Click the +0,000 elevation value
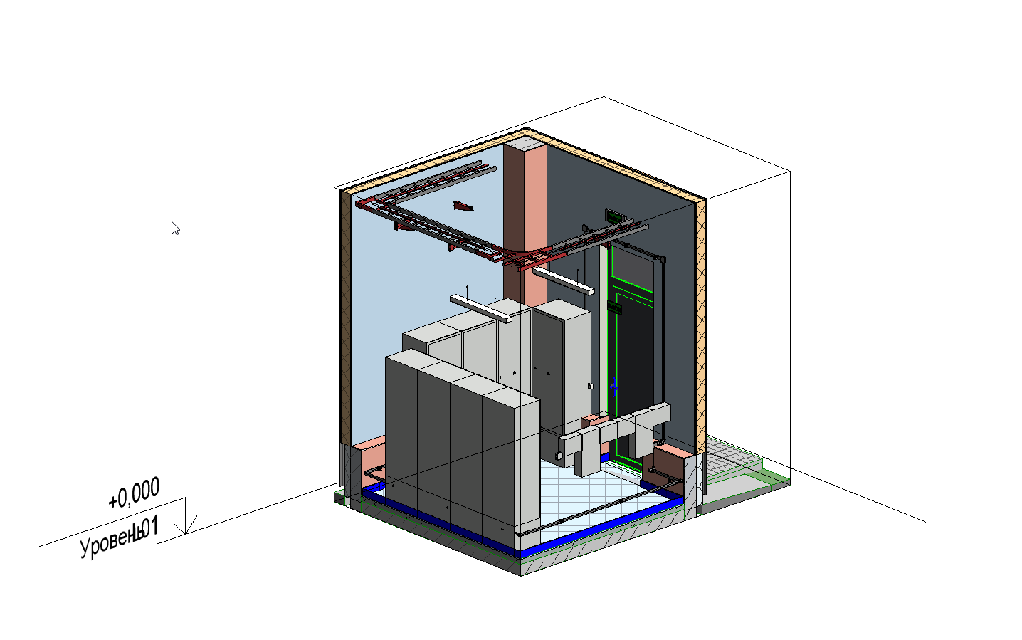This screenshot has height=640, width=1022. coord(134,493)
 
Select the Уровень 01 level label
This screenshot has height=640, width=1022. coord(119,539)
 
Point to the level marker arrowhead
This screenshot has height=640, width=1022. coord(186,526)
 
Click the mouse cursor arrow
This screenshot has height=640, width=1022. coord(175,229)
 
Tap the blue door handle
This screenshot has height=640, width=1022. coord(613,387)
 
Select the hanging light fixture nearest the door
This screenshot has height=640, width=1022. coord(563,280)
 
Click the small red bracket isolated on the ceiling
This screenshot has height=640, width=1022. coord(463,206)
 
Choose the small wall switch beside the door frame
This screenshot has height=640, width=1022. coord(590,386)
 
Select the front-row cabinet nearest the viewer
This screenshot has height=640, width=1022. coord(510,470)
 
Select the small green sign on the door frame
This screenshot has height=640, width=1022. coord(614,308)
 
